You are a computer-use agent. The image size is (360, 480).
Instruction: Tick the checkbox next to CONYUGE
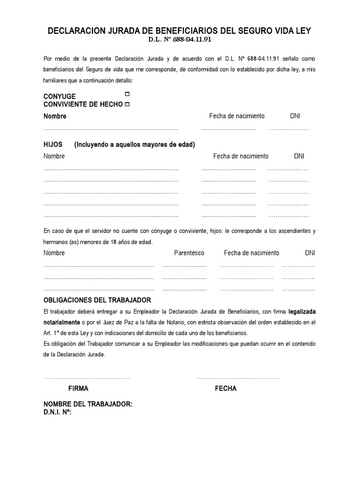click(x=127, y=95)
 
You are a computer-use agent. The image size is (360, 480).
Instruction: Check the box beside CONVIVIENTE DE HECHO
click(x=127, y=104)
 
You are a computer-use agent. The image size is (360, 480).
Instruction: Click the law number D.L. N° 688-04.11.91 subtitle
click(x=180, y=40)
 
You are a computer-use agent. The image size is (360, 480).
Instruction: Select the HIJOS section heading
click(x=53, y=144)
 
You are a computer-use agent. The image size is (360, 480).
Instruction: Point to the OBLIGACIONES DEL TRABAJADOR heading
click(x=97, y=300)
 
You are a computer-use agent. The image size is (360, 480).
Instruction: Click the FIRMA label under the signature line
click(x=78, y=389)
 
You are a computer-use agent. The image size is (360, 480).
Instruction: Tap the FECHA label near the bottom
click(x=225, y=389)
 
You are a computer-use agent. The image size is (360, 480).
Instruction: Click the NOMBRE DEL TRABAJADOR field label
click(x=88, y=404)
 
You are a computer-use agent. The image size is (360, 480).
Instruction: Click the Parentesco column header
click(x=189, y=253)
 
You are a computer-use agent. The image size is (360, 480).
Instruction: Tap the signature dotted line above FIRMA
click(x=87, y=378)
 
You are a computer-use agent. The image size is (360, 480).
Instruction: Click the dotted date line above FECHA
click(x=237, y=378)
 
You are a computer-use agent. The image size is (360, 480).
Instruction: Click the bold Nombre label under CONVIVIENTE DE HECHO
click(x=55, y=116)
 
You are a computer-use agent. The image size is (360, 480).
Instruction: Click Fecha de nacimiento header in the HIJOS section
click(x=240, y=156)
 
